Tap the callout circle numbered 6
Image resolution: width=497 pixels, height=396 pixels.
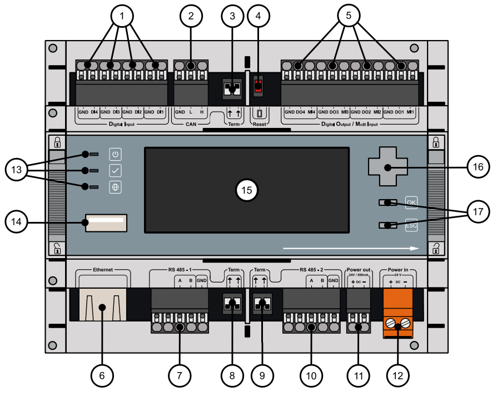click(x=102, y=375)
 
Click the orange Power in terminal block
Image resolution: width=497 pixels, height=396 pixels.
click(x=399, y=315)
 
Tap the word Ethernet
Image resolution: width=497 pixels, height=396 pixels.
click(x=103, y=270)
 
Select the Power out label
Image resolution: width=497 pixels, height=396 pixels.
click(x=358, y=270)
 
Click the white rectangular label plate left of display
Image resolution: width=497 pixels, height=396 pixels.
click(x=106, y=223)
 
